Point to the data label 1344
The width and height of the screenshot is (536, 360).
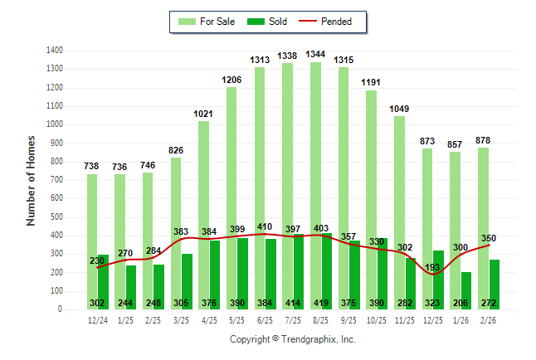click(x=315, y=54)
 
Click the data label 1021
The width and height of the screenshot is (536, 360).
click(x=203, y=114)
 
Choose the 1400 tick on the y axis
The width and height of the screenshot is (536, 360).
click(x=56, y=51)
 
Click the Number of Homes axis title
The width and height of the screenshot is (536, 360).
click(x=32, y=180)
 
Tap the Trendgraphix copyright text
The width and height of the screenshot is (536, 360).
click(x=292, y=339)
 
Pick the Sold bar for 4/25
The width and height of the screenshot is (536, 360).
click(x=215, y=270)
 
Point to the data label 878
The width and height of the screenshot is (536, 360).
click(x=483, y=140)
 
